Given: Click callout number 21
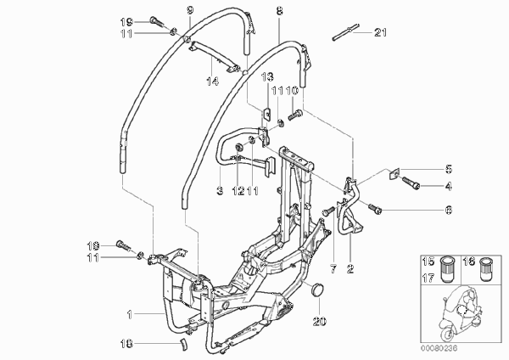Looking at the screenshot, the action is click(380, 32).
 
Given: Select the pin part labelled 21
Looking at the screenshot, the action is click(346, 32).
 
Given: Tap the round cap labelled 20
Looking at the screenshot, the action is click(318, 290).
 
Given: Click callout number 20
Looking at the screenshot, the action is click(320, 321).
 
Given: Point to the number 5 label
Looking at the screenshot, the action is click(449, 169).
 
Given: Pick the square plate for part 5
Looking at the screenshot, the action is click(394, 173).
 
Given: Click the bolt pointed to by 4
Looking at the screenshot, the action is click(411, 183).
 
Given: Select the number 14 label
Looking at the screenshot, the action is click(212, 81).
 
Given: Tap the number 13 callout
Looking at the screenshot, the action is click(267, 76).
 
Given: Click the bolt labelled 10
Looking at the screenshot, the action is click(294, 115).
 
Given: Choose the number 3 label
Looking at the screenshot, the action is click(220, 190).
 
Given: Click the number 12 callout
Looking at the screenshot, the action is click(238, 190).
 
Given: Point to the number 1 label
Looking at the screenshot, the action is click(130, 314).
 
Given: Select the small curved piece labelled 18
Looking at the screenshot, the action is click(184, 344).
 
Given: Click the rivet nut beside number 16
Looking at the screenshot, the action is click(486, 269).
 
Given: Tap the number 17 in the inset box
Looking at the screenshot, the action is click(428, 278).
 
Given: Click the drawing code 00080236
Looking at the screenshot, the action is click(439, 348).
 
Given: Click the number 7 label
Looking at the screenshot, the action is click(333, 269).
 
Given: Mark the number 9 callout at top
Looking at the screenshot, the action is click(190, 10).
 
